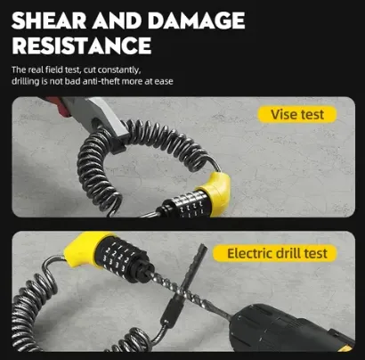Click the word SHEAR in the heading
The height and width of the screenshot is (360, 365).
(x=49, y=20)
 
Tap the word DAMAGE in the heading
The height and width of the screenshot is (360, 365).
(x=196, y=20)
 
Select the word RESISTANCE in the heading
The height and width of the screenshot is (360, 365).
(x=82, y=45)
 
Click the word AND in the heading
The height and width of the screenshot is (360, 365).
(x=117, y=20)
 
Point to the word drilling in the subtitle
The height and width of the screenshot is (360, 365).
(x=26, y=81)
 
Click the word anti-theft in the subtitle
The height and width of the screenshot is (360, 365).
(x=101, y=81)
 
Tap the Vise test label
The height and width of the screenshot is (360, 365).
(x=297, y=114)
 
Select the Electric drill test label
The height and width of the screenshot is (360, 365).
(x=275, y=253)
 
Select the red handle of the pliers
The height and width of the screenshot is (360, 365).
(x=56, y=103)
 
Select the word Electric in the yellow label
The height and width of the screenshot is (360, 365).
(x=250, y=253)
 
